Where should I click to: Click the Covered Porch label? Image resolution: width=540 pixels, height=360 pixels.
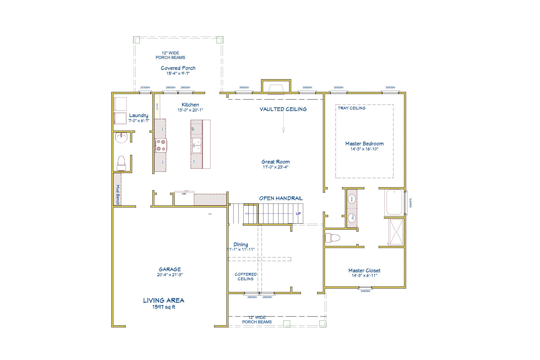[x=178, y=68]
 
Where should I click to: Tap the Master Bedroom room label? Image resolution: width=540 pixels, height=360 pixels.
[x=364, y=144]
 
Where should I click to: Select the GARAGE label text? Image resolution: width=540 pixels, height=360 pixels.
[x=170, y=269]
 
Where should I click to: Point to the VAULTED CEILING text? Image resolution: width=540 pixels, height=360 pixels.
[x=283, y=109]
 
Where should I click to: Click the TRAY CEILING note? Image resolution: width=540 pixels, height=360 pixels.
[x=351, y=108]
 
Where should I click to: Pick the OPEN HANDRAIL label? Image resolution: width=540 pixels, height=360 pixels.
[x=281, y=198]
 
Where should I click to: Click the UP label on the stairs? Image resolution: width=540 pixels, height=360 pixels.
[x=298, y=214]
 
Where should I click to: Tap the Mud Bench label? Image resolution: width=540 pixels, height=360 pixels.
[x=118, y=195]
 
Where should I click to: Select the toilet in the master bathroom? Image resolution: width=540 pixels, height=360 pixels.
[x=333, y=238]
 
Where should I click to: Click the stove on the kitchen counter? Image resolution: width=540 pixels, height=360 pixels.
[x=161, y=145]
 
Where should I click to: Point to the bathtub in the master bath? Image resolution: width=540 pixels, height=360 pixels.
[x=394, y=202]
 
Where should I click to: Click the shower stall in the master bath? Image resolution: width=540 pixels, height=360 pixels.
[x=396, y=232]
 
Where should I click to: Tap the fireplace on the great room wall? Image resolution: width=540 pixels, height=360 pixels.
[x=276, y=89]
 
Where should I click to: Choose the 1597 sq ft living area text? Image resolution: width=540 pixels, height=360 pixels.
[x=164, y=307]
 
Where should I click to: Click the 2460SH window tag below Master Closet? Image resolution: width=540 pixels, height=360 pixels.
[x=365, y=291]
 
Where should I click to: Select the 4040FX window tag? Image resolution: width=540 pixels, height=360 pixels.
[x=411, y=203]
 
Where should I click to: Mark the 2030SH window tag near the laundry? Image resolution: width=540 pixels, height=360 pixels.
[x=145, y=88]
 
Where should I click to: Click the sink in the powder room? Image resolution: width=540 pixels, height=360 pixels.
[x=121, y=138]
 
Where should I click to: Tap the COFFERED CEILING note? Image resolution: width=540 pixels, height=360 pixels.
[x=246, y=277]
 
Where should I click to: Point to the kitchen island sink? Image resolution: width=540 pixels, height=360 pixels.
[x=197, y=145]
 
